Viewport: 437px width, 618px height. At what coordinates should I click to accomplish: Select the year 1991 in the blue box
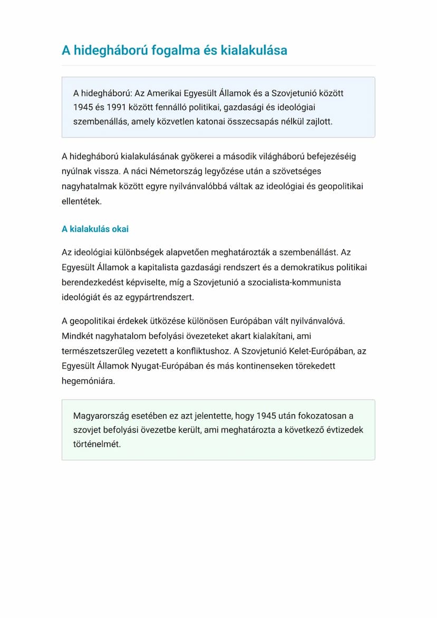(x=116, y=108)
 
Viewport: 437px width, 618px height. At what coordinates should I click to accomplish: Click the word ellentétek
(x=81, y=201)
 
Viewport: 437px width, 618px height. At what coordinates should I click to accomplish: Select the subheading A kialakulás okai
(x=95, y=229)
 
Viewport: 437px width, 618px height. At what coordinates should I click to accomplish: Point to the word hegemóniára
(x=88, y=380)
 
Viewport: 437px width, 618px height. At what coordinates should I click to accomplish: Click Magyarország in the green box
(x=101, y=415)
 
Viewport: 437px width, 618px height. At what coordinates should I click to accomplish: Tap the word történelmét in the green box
(x=97, y=444)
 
